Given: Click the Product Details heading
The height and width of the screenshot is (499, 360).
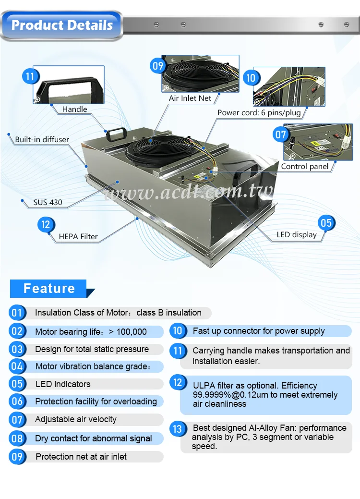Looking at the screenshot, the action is [62, 25].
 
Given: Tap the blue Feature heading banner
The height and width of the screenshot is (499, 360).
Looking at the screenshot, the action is [49, 288].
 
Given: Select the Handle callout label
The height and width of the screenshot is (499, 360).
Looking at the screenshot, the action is [74, 110].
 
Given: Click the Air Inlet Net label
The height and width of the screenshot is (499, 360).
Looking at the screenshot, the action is [190, 98].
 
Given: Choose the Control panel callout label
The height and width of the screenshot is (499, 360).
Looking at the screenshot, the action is [305, 167].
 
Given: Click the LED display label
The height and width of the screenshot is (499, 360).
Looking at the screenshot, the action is [297, 235].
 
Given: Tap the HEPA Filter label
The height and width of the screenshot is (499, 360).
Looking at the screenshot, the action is [78, 236].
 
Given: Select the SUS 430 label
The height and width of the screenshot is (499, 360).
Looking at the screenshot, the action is [48, 202].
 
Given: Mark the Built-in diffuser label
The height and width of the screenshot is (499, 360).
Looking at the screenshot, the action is [42, 140].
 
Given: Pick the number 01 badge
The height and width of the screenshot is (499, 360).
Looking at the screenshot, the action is [17, 313].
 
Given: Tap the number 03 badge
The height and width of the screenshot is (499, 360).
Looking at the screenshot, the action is [17, 349].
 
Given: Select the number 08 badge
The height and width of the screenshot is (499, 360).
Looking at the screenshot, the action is [17, 438].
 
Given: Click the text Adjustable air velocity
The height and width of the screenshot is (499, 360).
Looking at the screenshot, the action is [76, 419].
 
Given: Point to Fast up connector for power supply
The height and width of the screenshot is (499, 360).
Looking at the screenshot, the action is [259, 331].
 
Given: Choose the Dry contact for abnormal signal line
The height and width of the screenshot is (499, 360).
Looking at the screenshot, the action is [94, 438].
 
